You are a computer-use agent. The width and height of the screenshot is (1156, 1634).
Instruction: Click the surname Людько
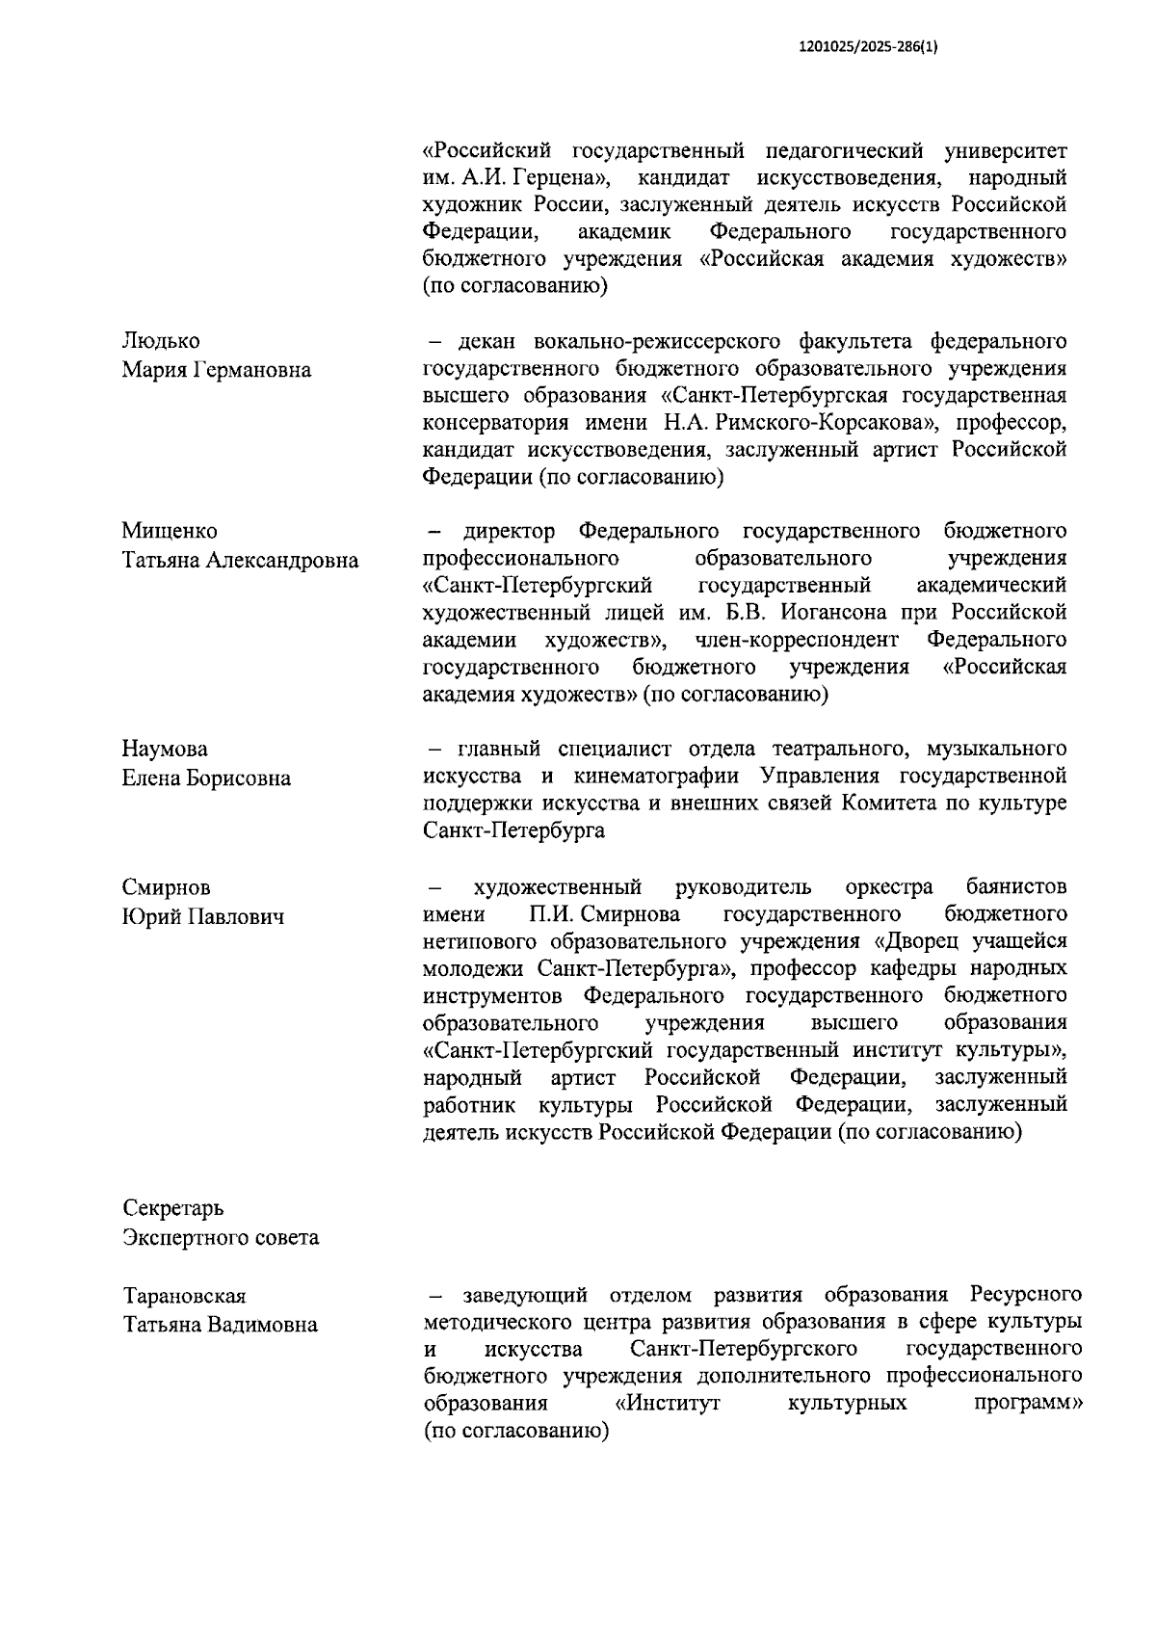coord(161,341)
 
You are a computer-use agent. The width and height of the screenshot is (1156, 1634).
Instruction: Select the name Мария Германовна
coord(216,370)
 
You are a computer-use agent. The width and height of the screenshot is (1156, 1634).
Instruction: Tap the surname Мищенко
coord(169,531)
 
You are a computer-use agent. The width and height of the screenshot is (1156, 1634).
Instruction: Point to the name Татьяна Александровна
coord(240,560)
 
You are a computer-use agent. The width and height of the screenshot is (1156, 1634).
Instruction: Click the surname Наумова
coord(164,749)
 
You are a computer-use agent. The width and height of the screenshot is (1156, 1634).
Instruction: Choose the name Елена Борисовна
coord(205,777)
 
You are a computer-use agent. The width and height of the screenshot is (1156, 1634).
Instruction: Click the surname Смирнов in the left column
coord(166,886)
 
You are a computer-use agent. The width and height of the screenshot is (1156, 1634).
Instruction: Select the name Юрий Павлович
coord(202,915)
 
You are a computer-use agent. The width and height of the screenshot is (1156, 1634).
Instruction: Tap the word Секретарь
coord(172,1208)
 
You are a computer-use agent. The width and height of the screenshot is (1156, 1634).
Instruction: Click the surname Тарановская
coord(184,1296)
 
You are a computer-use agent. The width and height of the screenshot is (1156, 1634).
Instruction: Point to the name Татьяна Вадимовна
coord(220,1325)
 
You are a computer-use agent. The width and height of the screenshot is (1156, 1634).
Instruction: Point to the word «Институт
coord(667,1404)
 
